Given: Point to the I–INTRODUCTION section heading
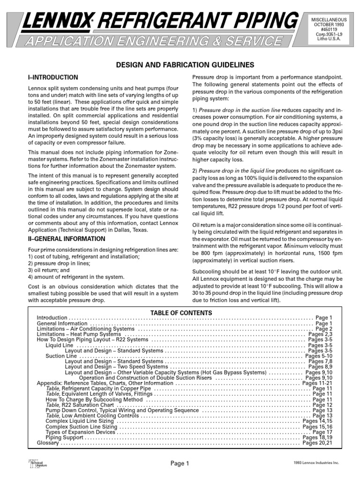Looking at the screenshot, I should pos(53,77).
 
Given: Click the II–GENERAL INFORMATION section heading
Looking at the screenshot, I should pos(67,239).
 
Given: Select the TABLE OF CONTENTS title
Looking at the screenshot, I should pos(181,313).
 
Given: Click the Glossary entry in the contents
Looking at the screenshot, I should pos(47,442).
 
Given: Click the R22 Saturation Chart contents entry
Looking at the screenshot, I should pos(88,405).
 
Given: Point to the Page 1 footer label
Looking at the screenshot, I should pos(180,464).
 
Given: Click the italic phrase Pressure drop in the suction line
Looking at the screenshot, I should pos(243,110).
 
